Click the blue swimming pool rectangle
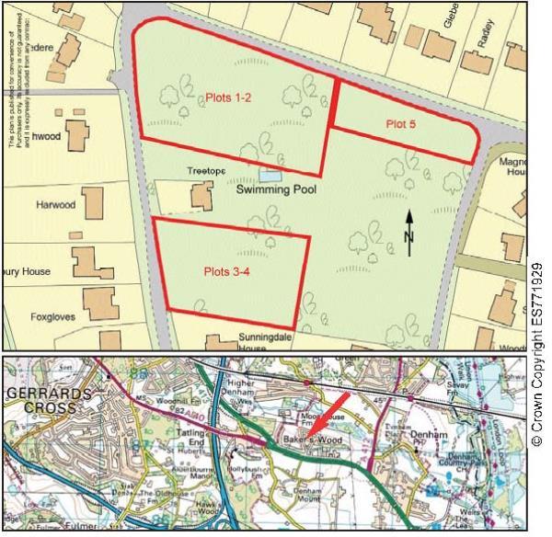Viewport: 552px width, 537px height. click(270, 175)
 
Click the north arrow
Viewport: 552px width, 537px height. click(409, 232)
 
